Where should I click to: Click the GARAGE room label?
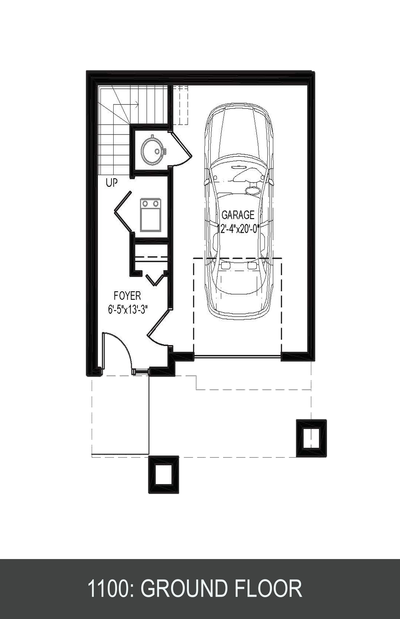click(238, 215)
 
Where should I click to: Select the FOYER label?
click(127, 296)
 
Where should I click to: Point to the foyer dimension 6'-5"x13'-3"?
click(128, 309)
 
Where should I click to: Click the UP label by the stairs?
click(112, 183)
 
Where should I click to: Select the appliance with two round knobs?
click(150, 215)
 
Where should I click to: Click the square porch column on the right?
click(312, 438)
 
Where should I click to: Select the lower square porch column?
click(163, 474)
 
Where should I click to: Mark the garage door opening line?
click(237, 356)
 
